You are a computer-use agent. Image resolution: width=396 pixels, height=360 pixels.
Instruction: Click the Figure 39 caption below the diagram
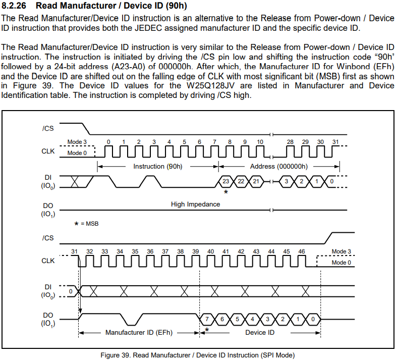(x=197, y=354)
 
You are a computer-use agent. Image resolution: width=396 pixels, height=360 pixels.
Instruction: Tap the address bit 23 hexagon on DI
(x=226, y=181)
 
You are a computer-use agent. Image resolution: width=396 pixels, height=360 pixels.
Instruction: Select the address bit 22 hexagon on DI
(x=241, y=181)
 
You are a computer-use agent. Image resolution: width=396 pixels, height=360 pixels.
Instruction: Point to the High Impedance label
(x=195, y=204)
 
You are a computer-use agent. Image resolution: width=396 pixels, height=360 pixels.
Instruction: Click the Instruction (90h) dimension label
(x=157, y=166)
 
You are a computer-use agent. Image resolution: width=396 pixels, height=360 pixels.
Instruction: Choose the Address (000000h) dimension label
(x=278, y=166)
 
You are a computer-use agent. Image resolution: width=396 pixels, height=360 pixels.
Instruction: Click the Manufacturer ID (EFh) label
(x=138, y=332)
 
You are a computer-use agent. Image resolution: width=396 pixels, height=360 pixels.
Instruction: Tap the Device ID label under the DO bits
(x=260, y=332)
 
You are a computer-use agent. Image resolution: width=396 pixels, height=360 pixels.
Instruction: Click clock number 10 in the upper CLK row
(x=260, y=142)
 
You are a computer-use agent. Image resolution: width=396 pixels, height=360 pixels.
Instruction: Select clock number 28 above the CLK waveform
(x=290, y=142)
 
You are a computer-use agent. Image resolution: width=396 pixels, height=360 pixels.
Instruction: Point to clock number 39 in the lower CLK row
(x=195, y=251)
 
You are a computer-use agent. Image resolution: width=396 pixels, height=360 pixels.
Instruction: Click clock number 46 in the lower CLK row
(x=301, y=251)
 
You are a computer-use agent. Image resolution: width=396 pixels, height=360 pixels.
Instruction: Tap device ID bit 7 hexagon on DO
(x=207, y=319)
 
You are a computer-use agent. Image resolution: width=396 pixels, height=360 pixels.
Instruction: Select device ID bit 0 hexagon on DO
(x=313, y=319)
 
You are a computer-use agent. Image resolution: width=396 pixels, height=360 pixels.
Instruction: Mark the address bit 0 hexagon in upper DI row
(x=331, y=181)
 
